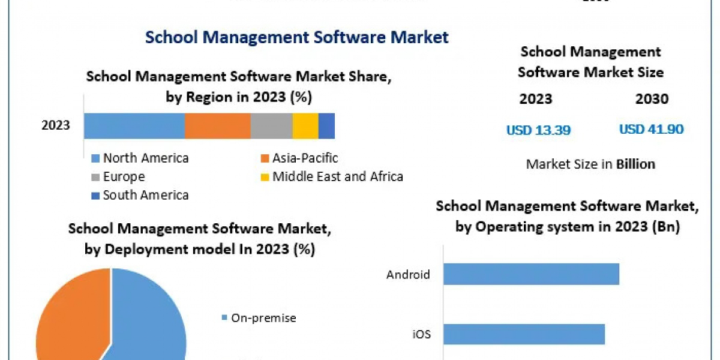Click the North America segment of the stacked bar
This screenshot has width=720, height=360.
pos(134,126)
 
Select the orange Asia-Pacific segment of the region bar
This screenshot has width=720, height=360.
pos(217,126)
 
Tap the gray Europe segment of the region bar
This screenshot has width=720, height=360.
pos(271,126)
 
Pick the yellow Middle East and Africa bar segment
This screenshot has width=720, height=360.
pos(305,126)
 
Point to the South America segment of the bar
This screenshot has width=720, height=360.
pos(326,126)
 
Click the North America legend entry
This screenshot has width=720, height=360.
pos(140,158)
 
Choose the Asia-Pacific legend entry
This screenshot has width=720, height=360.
pos(299,158)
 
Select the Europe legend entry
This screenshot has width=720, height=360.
pos(118,177)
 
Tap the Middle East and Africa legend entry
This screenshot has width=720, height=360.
pos(331,177)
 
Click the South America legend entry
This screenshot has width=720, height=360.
pos(140,195)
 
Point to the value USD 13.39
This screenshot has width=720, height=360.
pos(538,130)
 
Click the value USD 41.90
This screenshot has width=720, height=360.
pos(651,130)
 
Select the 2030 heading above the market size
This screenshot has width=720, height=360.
pos(652,99)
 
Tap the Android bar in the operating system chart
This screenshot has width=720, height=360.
pos(531,274)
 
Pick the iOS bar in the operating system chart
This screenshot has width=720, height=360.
pos(524,334)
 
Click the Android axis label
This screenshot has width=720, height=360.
pos(408,275)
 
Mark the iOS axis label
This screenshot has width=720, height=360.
pos(421,334)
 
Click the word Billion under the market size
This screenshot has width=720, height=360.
pos(635,164)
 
